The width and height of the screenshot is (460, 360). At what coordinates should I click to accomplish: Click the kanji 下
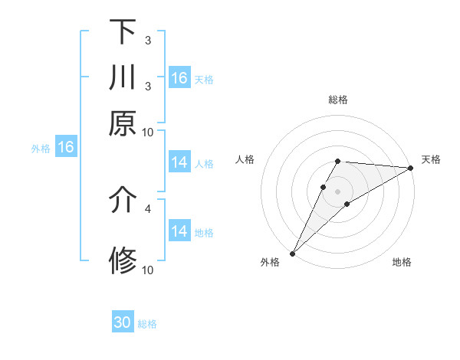[123, 31]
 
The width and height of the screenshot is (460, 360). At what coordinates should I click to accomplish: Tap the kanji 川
[123, 78]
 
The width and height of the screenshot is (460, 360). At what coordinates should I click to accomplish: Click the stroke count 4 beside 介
[148, 208]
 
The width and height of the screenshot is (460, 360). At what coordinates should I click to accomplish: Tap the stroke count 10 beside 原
[148, 132]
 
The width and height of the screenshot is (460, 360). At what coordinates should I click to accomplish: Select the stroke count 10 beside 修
[148, 270]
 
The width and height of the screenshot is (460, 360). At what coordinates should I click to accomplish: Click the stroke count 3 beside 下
[148, 40]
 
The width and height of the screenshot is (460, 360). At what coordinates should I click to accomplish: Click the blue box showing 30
[123, 322]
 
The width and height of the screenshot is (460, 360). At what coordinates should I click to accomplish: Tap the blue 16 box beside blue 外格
[66, 148]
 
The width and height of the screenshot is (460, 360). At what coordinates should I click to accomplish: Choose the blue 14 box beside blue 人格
[179, 162]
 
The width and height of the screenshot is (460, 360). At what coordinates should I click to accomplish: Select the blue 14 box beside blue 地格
[179, 231]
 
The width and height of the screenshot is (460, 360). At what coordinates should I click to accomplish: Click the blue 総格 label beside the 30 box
[147, 324]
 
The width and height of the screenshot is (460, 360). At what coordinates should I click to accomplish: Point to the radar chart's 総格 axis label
[338, 100]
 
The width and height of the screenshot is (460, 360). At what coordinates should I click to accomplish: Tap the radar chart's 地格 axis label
[402, 263]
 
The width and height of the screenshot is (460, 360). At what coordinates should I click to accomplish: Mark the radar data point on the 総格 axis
[338, 161]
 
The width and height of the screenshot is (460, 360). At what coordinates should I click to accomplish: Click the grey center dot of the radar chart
[338, 191]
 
